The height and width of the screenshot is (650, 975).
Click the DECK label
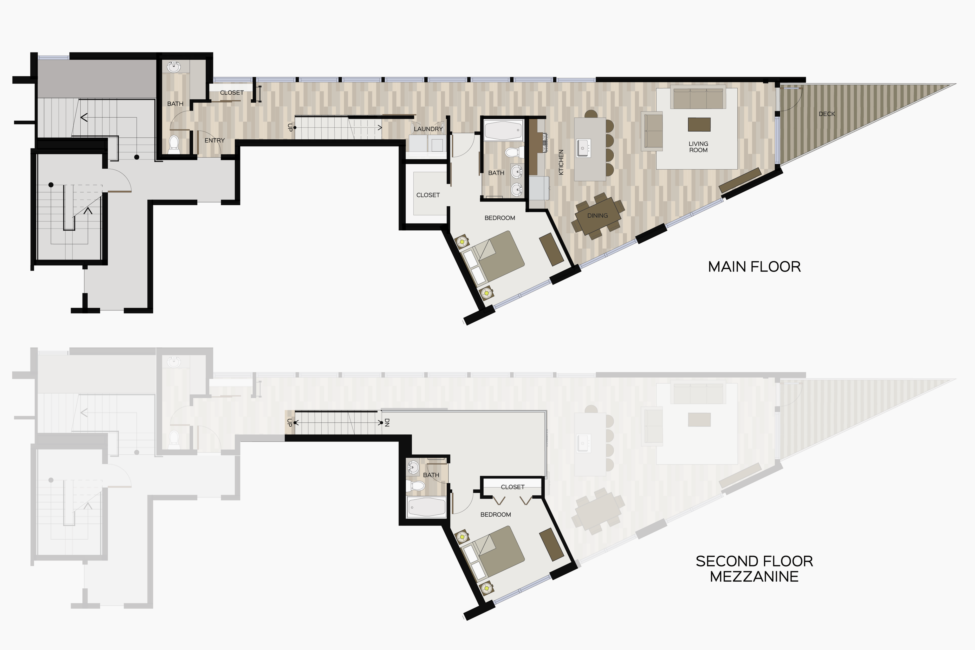[827, 114]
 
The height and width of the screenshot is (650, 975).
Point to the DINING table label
[597, 216]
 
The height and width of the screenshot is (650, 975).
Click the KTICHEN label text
[561, 162]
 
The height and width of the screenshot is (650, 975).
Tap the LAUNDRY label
[428, 129]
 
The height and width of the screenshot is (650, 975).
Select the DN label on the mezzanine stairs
[387, 422]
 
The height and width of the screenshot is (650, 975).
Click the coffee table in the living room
[699, 124]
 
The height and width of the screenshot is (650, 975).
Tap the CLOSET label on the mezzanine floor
[513, 487]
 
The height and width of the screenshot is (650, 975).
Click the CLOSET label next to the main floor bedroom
[428, 195]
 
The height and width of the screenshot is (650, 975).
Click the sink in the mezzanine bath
[414, 467]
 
